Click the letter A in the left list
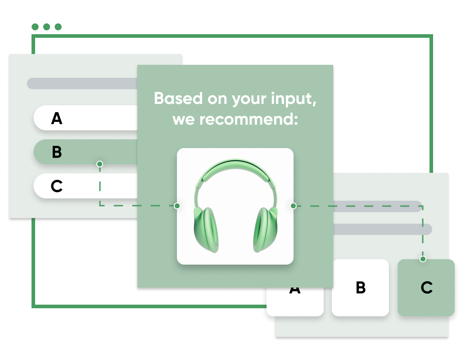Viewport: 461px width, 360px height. [x=57, y=118]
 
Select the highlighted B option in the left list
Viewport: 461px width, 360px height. [x=86, y=152]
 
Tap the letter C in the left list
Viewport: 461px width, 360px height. [x=57, y=186]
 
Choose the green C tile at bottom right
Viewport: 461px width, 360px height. [x=426, y=288]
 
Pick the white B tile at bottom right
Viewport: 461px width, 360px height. [x=360, y=288]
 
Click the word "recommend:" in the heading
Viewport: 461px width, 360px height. [x=249, y=119]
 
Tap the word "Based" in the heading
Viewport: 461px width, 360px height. [x=178, y=98]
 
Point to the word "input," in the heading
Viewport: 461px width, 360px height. [x=294, y=99]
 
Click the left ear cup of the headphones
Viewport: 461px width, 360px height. [x=206, y=229]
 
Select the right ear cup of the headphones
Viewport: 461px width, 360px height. [x=265, y=229]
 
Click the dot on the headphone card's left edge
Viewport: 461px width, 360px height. [x=177, y=206]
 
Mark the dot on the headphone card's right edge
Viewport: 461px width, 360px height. [x=293, y=206]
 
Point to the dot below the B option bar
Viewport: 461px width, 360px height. [x=99, y=164]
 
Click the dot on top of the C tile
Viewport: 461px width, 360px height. [x=423, y=259]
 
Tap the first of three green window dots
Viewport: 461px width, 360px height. [x=35, y=27]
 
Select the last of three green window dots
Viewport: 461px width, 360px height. [x=58, y=27]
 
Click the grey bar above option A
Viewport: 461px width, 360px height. [x=82, y=83]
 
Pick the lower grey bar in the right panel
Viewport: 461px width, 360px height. [x=383, y=229]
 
